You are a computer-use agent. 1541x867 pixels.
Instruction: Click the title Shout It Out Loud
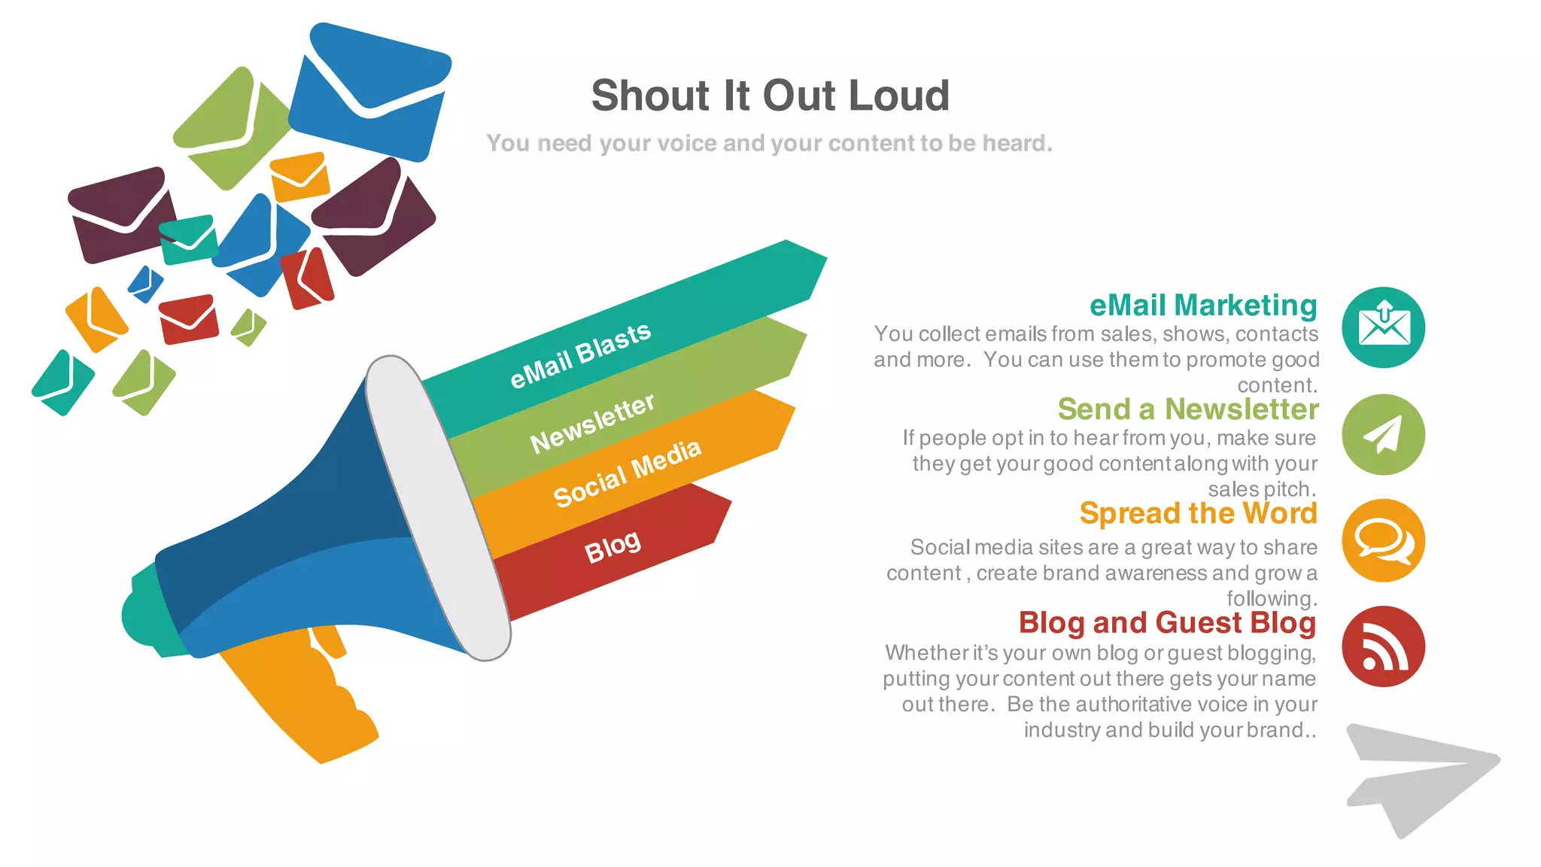click(x=770, y=96)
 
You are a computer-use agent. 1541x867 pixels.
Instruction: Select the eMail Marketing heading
click(x=1202, y=305)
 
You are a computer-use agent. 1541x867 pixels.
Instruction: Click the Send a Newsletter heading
click(x=1187, y=409)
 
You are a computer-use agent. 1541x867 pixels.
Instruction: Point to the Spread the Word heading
click(x=1198, y=513)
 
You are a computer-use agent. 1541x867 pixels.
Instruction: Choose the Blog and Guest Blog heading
click(x=1167, y=622)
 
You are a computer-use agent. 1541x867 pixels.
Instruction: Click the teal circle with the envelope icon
click(x=1383, y=327)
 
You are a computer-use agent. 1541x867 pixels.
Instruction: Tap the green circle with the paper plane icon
click(x=1383, y=434)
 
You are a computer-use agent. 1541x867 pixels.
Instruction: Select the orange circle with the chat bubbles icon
click(x=1383, y=540)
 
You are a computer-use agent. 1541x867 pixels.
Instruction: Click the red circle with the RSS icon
click(x=1383, y=646)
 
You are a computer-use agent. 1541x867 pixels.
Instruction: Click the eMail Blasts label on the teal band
click(x=580, y=355)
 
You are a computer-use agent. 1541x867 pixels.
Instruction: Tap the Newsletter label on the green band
click(x=592, y=424)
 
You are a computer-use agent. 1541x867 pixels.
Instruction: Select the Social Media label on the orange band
click(x=627, y=473)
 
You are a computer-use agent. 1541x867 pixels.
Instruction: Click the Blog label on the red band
click(x=612, y=546)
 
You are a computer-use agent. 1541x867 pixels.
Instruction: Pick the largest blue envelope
click(x=368, y=94)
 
